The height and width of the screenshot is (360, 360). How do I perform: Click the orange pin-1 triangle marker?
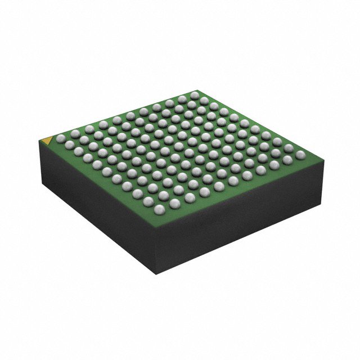[x=48, y=137]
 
